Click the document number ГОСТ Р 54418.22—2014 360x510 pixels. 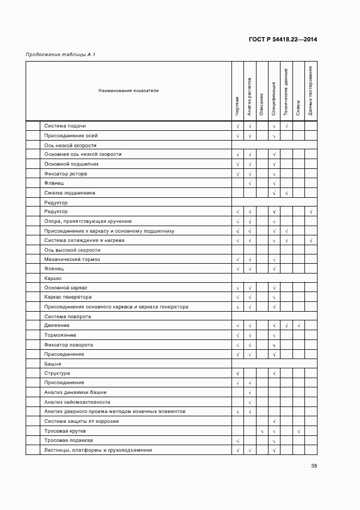pyautogui.click(x=283, y=39)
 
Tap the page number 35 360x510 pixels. pyautogui.click(x=314, y=466)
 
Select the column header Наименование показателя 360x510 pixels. pyautogui.click(x=129, y=90)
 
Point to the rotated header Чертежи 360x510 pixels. pyautogui.click(x=237, y=106)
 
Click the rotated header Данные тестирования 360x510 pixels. pyautogui.click(x=310, y=91)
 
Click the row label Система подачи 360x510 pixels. pyautogui.click(x=65, y=126)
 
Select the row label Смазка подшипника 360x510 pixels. pyautogui.click(x=70, y=192)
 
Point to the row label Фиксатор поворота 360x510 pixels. pyautogui.click(x=68, y=345)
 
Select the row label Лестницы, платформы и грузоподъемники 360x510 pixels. pyautogui.click(x=97, y=450)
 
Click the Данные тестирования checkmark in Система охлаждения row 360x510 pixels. pyautogui.click(x=310, y=240)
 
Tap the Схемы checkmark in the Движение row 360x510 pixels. pyautogui.click(x=298, y=326)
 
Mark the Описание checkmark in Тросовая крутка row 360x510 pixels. pyautogui.click(x=262, y=431)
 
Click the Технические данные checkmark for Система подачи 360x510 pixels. pyautogui.click(x=286, y=126)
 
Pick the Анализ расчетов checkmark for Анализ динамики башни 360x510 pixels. pyautogui.click(x=249, y=393)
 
